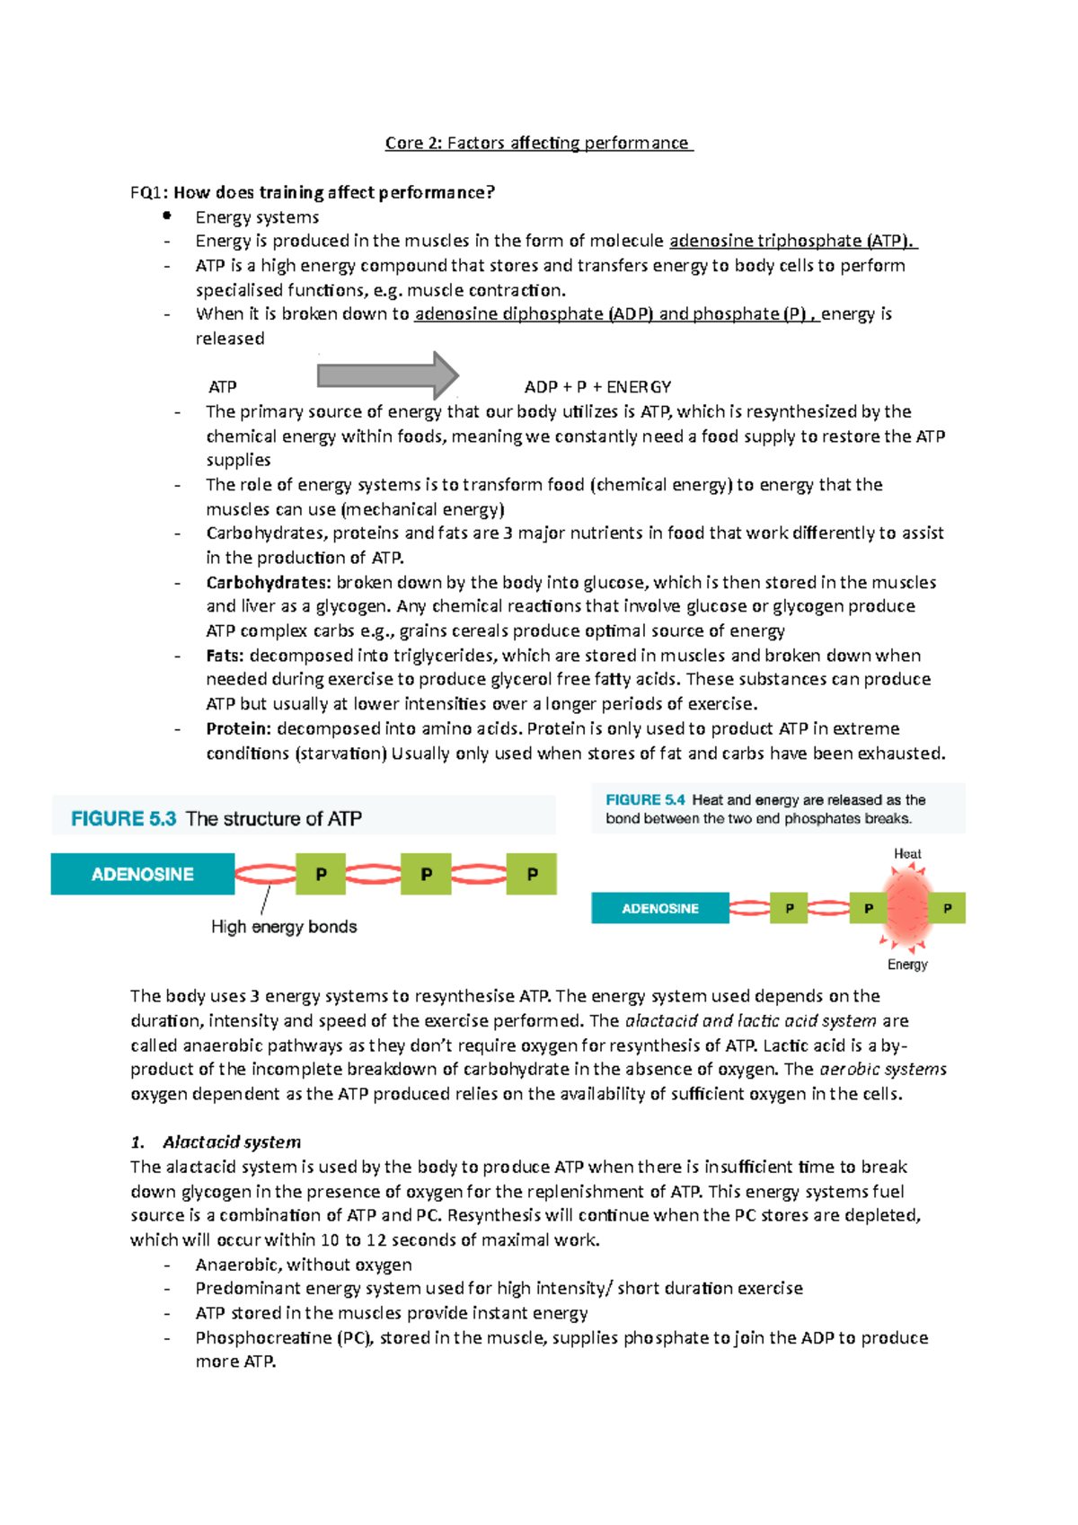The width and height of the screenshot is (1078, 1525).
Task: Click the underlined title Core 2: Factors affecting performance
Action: pos(538,143)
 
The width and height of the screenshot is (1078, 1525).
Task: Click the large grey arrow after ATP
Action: pos(387,375)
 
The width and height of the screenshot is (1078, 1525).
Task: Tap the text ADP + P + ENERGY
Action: pos(597,387)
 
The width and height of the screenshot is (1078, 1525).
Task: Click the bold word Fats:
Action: pos(225,656)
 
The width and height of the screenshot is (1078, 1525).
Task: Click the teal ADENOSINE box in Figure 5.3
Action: pos(142,874)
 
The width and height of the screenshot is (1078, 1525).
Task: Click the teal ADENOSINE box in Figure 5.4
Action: pos(659,908)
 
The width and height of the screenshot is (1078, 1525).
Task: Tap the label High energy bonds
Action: pos(284,927)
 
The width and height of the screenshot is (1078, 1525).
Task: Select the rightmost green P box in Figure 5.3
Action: pos(532,874)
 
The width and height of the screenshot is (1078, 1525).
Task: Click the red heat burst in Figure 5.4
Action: pos(907,907)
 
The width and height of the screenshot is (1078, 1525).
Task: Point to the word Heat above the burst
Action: pos(907,854)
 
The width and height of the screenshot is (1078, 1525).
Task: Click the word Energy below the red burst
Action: pos(907,965)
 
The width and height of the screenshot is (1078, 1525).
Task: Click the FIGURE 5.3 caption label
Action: pos(124,819)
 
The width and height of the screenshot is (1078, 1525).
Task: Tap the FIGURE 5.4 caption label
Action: pos(645,800)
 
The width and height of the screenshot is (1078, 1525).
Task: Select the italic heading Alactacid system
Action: pos(231,1142)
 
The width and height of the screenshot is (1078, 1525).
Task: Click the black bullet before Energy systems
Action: pos(167,216)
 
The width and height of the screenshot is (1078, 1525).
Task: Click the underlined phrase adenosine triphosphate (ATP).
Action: pos(792,241)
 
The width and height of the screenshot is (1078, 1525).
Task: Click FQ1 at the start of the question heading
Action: pos(148,192)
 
